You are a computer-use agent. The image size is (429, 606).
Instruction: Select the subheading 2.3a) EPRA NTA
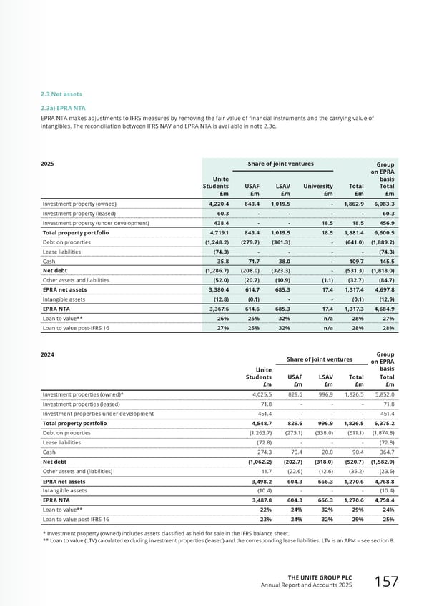point(63,108)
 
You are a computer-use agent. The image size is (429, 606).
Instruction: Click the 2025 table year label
point(49,164)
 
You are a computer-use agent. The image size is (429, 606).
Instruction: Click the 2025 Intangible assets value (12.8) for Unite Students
point(216,290)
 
